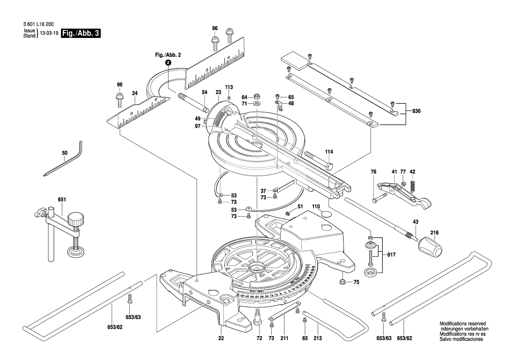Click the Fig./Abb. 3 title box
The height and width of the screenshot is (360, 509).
(x=81, y=33)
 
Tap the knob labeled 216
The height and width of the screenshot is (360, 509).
(x=430, y=249)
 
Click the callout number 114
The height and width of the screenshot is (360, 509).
(x=329, y=152)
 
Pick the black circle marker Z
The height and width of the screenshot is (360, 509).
(x=168, y=62)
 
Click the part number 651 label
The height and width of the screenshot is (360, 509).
(x=62, y=200)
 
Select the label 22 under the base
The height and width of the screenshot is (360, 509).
(x=221, y=338)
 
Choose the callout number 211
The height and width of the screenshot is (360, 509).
(x=284, y=338)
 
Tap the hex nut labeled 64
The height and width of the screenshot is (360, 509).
(x=257, y=96)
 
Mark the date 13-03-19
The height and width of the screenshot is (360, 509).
(x=49, y=34)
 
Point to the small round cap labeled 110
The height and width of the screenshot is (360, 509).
(x=327, y=214)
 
